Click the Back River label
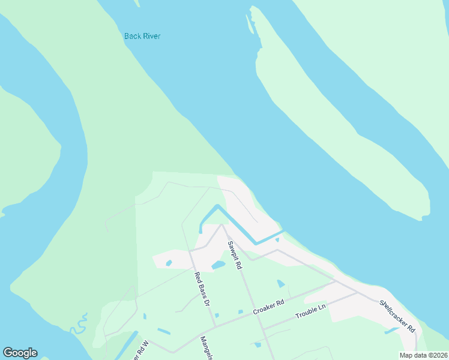tap(142, 36)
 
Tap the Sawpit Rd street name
tap(234, 255)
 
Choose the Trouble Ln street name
tap(310, 311)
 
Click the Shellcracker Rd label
tap(397, 316)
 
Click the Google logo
tap(20, 353)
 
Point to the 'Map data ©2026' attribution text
tap(423, 355)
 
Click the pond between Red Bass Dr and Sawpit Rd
tap(218, 265)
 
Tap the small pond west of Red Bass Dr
tap(169, 263)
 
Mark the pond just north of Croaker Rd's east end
tap(281, 284)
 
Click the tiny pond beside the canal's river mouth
tap(277, 240)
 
